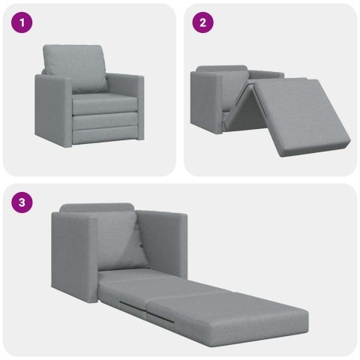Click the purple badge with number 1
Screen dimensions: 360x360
pos(23,23)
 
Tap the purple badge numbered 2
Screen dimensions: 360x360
pos(200,23)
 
